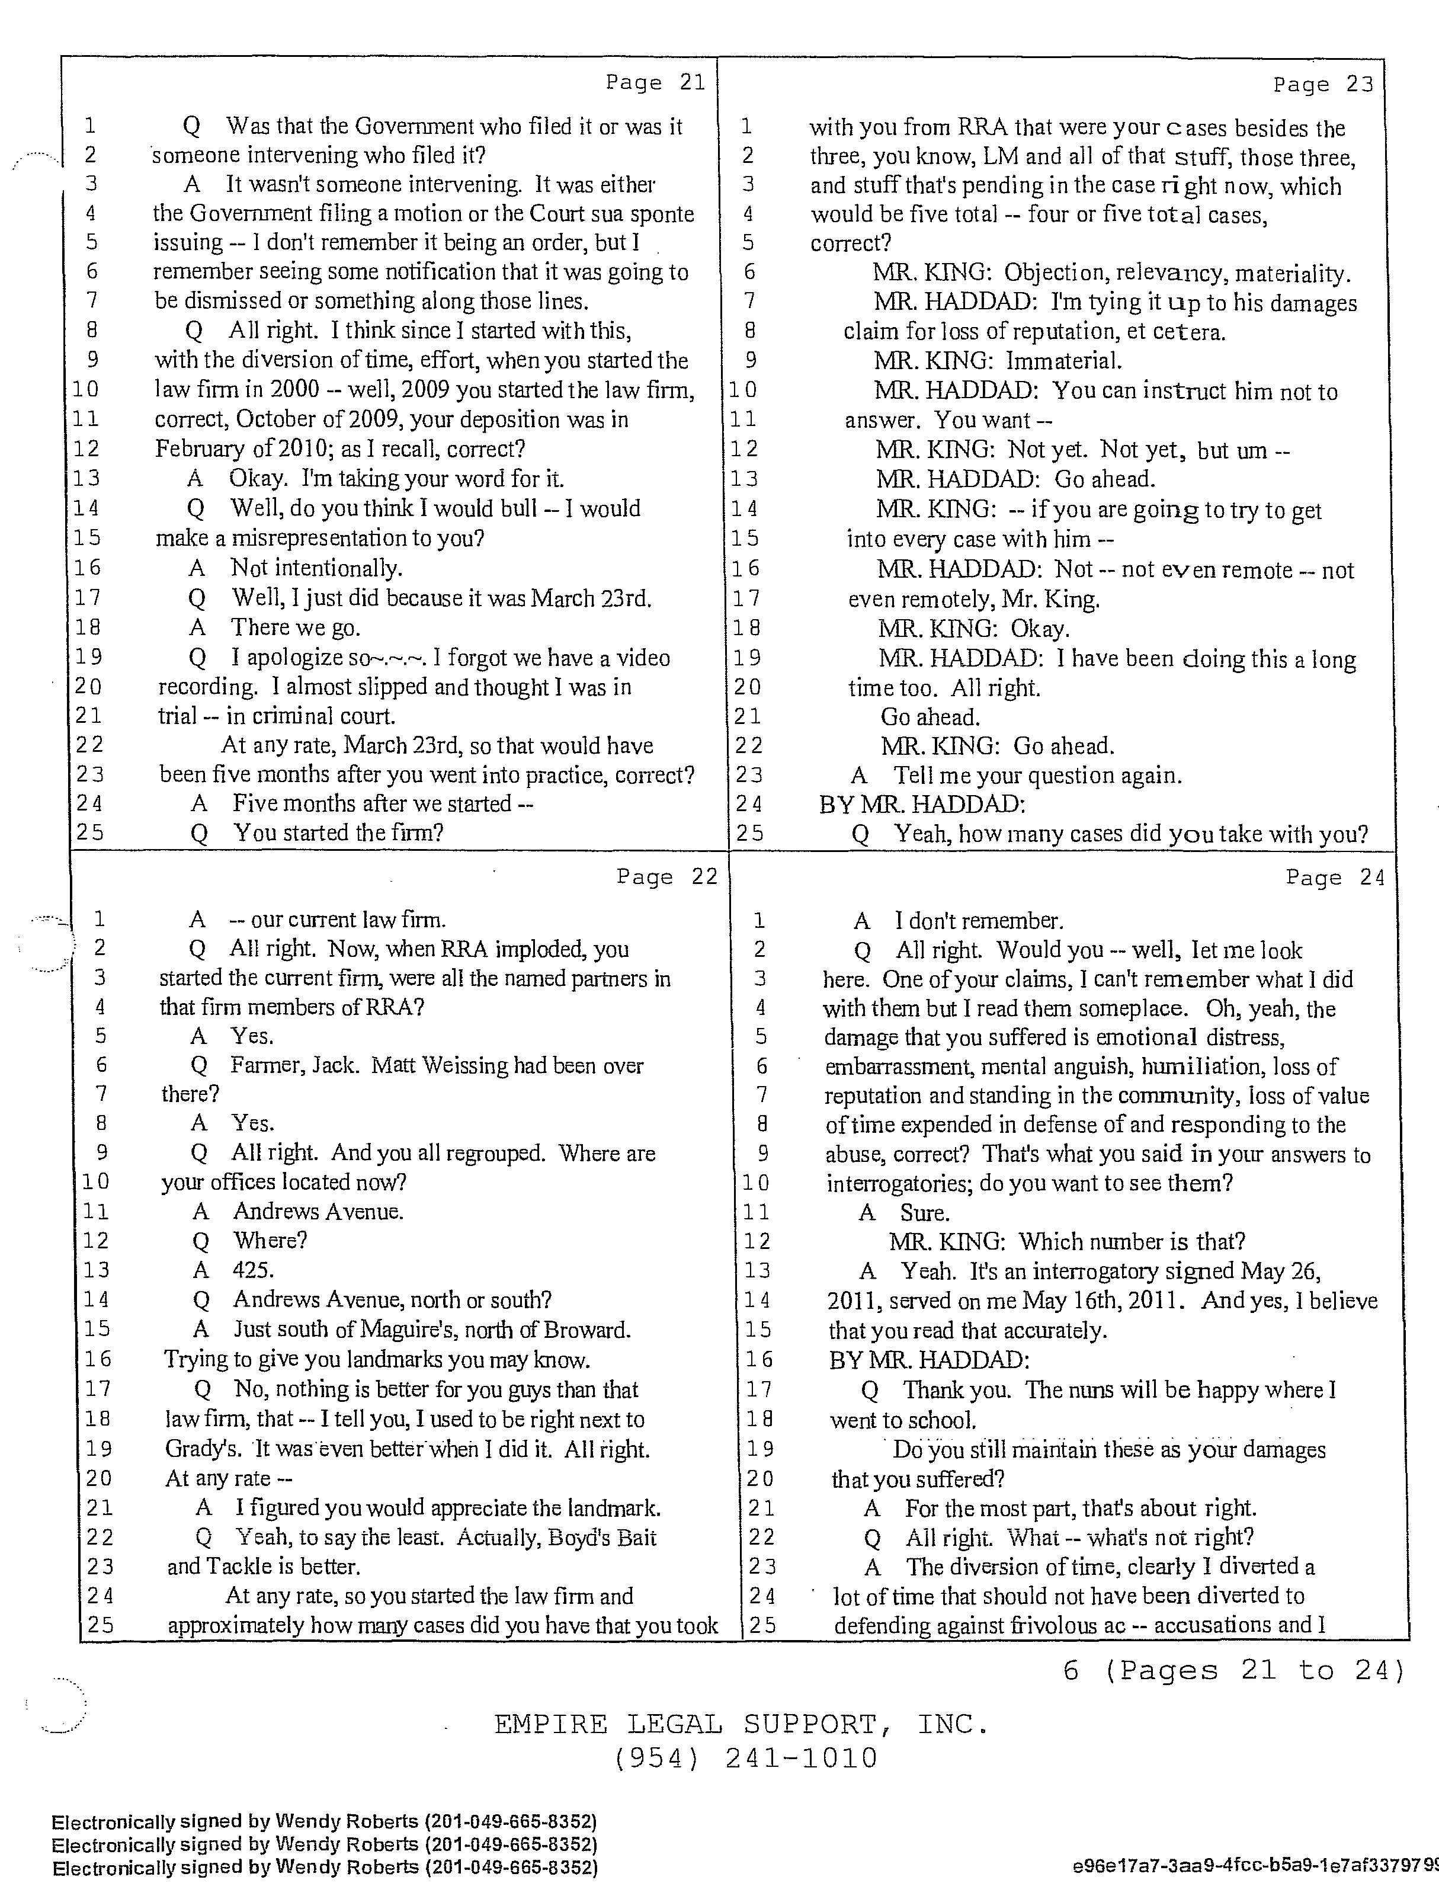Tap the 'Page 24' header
click(1335, 877)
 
